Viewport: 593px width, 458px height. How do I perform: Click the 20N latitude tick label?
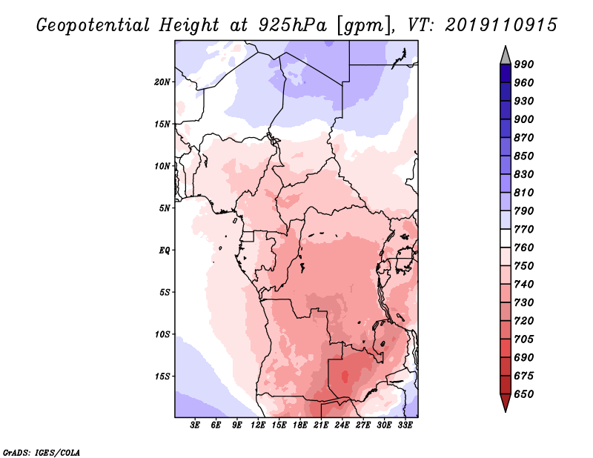(162, 82)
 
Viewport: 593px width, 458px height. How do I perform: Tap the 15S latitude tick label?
(162, 376)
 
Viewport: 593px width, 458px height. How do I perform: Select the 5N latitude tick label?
(165, 208)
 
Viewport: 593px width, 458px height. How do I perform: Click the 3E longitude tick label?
(196, 425)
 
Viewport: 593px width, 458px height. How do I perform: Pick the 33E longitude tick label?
(405, 425)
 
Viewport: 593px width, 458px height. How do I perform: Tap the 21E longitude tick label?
(321, 425)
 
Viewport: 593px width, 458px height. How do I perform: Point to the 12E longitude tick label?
(258, 425)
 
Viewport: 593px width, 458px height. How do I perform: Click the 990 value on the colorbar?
(524, 64)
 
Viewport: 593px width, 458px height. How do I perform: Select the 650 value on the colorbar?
(524, 394)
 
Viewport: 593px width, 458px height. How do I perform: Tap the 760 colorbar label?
(524, 248)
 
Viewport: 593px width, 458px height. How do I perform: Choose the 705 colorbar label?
(524, 339)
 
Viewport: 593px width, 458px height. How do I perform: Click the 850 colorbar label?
(524, 156)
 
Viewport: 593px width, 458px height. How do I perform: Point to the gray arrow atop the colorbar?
(506, 55)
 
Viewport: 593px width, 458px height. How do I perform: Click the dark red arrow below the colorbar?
(506, 403)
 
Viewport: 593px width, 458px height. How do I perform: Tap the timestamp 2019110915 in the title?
(501, 24)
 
